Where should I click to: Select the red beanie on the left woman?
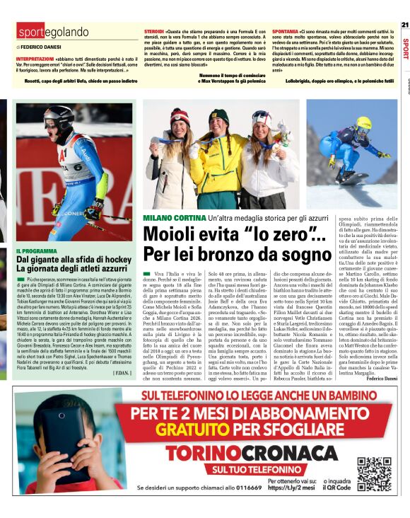(x=180, y=115)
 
